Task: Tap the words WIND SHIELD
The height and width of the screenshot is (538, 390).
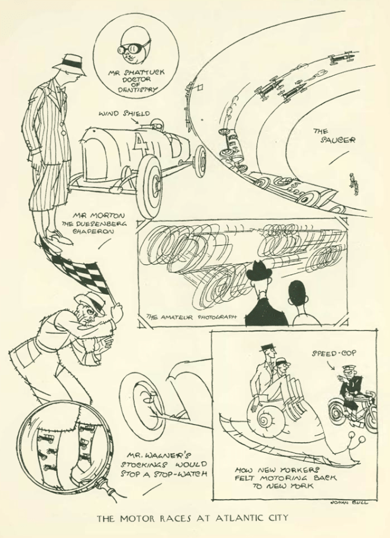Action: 125,114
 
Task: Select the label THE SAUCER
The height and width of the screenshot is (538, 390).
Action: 333,136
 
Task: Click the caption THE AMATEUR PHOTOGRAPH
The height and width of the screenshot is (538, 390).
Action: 191,317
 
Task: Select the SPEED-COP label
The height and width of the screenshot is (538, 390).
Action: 334,353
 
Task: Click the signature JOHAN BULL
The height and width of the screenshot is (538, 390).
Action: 348,503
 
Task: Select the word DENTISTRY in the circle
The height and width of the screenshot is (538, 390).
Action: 138,90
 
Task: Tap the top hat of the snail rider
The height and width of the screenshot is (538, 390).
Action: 268,348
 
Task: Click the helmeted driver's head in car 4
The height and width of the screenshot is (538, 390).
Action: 157,124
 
